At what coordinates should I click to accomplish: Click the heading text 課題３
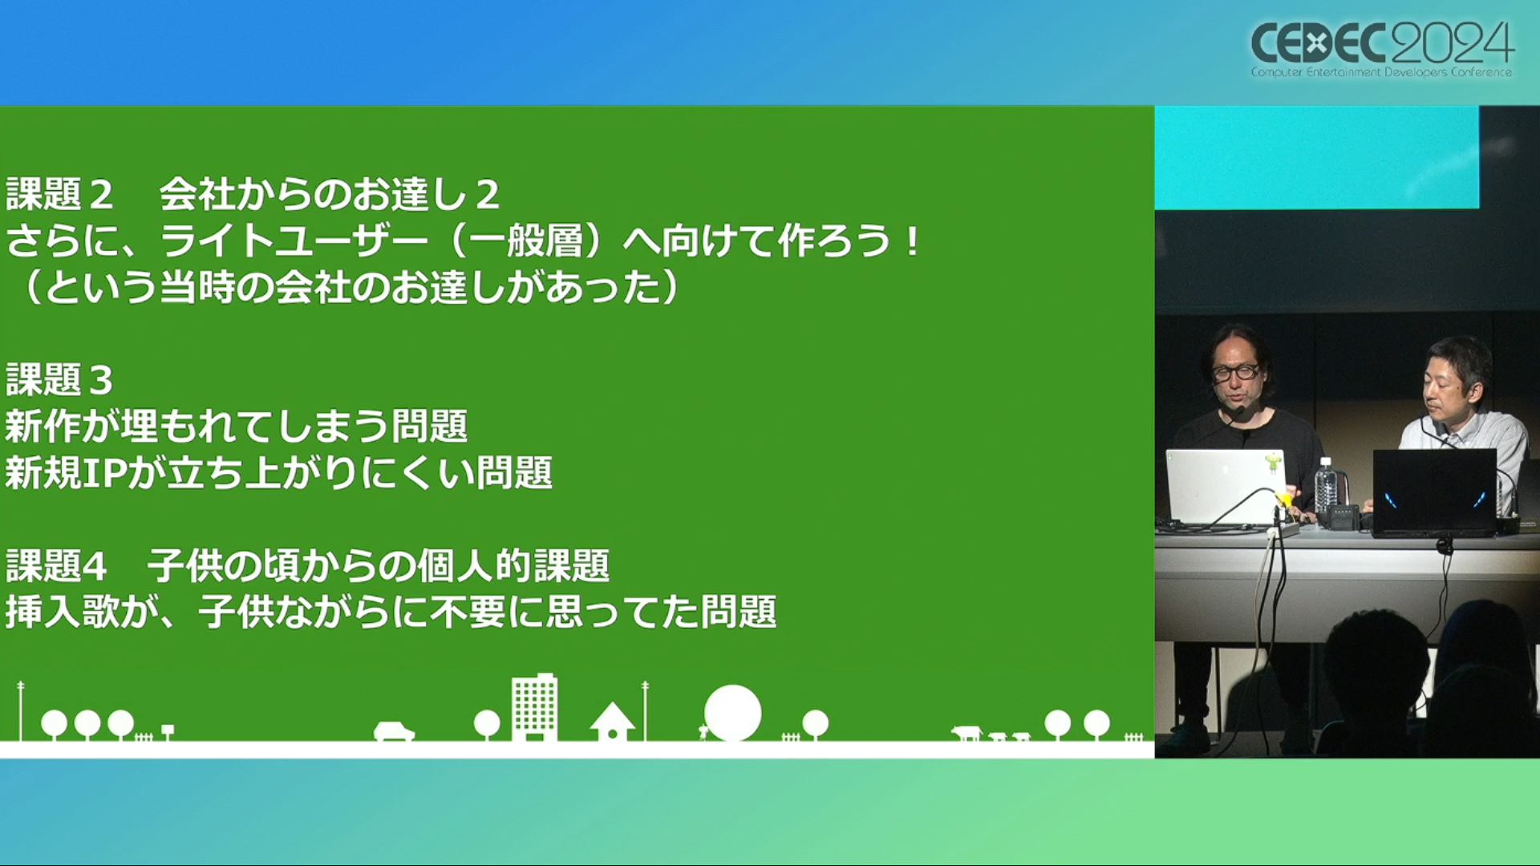[59, 379]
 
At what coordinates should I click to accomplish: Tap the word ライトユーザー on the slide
[294, 241]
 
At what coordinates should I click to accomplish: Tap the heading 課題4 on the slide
[56, 566]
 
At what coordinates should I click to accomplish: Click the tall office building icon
[534, 706]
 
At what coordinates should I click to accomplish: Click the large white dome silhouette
[732, 713]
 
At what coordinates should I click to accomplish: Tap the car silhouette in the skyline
[394, 731]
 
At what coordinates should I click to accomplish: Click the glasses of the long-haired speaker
[1235, 372]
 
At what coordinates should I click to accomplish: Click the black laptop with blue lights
[1434, 492]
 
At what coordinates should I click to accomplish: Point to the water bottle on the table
[1325, 485]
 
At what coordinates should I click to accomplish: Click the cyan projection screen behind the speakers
[1316, 157]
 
